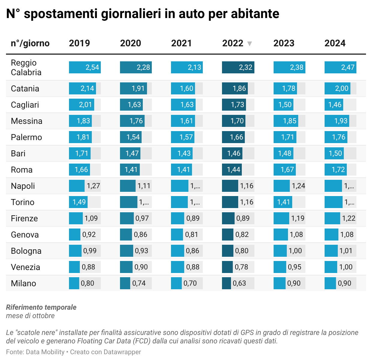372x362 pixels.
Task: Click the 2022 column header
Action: tap(232, 43)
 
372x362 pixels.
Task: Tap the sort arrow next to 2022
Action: tap(249, 44)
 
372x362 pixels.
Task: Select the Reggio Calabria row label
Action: tap(26, 67)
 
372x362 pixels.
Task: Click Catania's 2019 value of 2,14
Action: tap(87, 88)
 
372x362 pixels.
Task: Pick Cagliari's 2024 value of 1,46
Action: tap(335, 105)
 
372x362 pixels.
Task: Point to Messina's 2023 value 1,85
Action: tap(289, 121)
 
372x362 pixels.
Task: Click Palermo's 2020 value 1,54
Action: tap(133, 137)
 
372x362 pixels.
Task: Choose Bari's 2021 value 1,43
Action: tap(184, 153)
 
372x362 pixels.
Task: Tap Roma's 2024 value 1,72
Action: tap(338, 170)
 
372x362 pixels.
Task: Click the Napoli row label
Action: tap(23, 186)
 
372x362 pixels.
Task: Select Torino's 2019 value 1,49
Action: tap(79, 202)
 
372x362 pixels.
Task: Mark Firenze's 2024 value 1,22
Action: tap(349, 218)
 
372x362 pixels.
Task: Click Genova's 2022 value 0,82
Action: tap(242, 235)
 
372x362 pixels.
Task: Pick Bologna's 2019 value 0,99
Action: tap(90, 251)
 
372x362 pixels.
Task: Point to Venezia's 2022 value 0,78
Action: tap(241, 267)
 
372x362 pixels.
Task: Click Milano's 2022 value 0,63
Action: tap(239, 283)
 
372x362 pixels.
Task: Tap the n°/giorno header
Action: tap(30, 43)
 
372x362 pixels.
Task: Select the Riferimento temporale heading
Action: tap(41, 307)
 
